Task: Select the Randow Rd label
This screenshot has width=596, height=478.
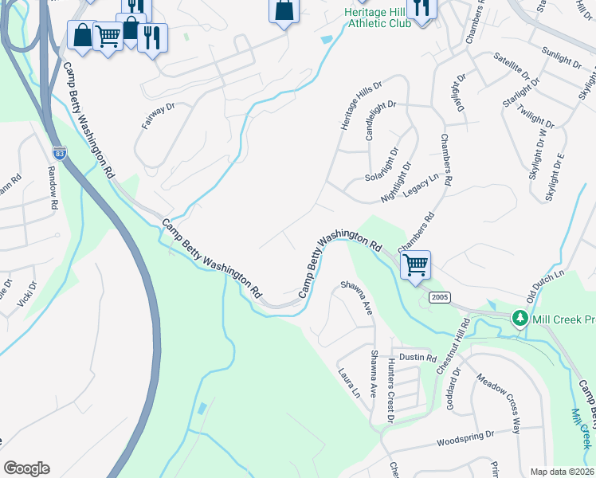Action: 53,188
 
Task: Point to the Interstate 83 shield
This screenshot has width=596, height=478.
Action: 59,152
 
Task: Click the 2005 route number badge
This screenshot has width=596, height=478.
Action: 440,297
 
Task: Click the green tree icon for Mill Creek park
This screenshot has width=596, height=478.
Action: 520,318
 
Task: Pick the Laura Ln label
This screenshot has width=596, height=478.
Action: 348,384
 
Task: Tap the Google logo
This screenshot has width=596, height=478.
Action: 26,468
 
